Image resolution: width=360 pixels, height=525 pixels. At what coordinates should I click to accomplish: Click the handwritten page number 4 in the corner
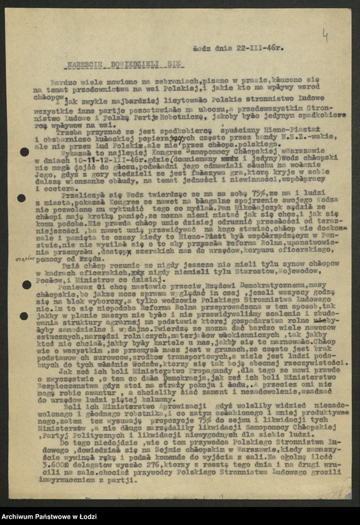[324, 37]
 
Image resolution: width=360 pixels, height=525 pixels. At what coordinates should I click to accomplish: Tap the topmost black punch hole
[24, 151]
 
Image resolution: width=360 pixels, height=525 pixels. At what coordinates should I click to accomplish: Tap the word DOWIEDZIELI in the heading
[133, 64]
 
